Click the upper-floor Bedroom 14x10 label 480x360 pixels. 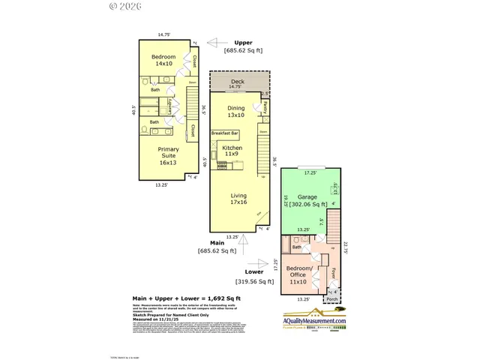click(163, 61)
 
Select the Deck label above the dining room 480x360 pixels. click(236, 81)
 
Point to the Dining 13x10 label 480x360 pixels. click(236, 112)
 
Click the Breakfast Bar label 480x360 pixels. click(224, 133)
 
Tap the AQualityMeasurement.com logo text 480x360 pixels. click(314, 322)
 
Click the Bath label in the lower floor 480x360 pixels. click(297, 247)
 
